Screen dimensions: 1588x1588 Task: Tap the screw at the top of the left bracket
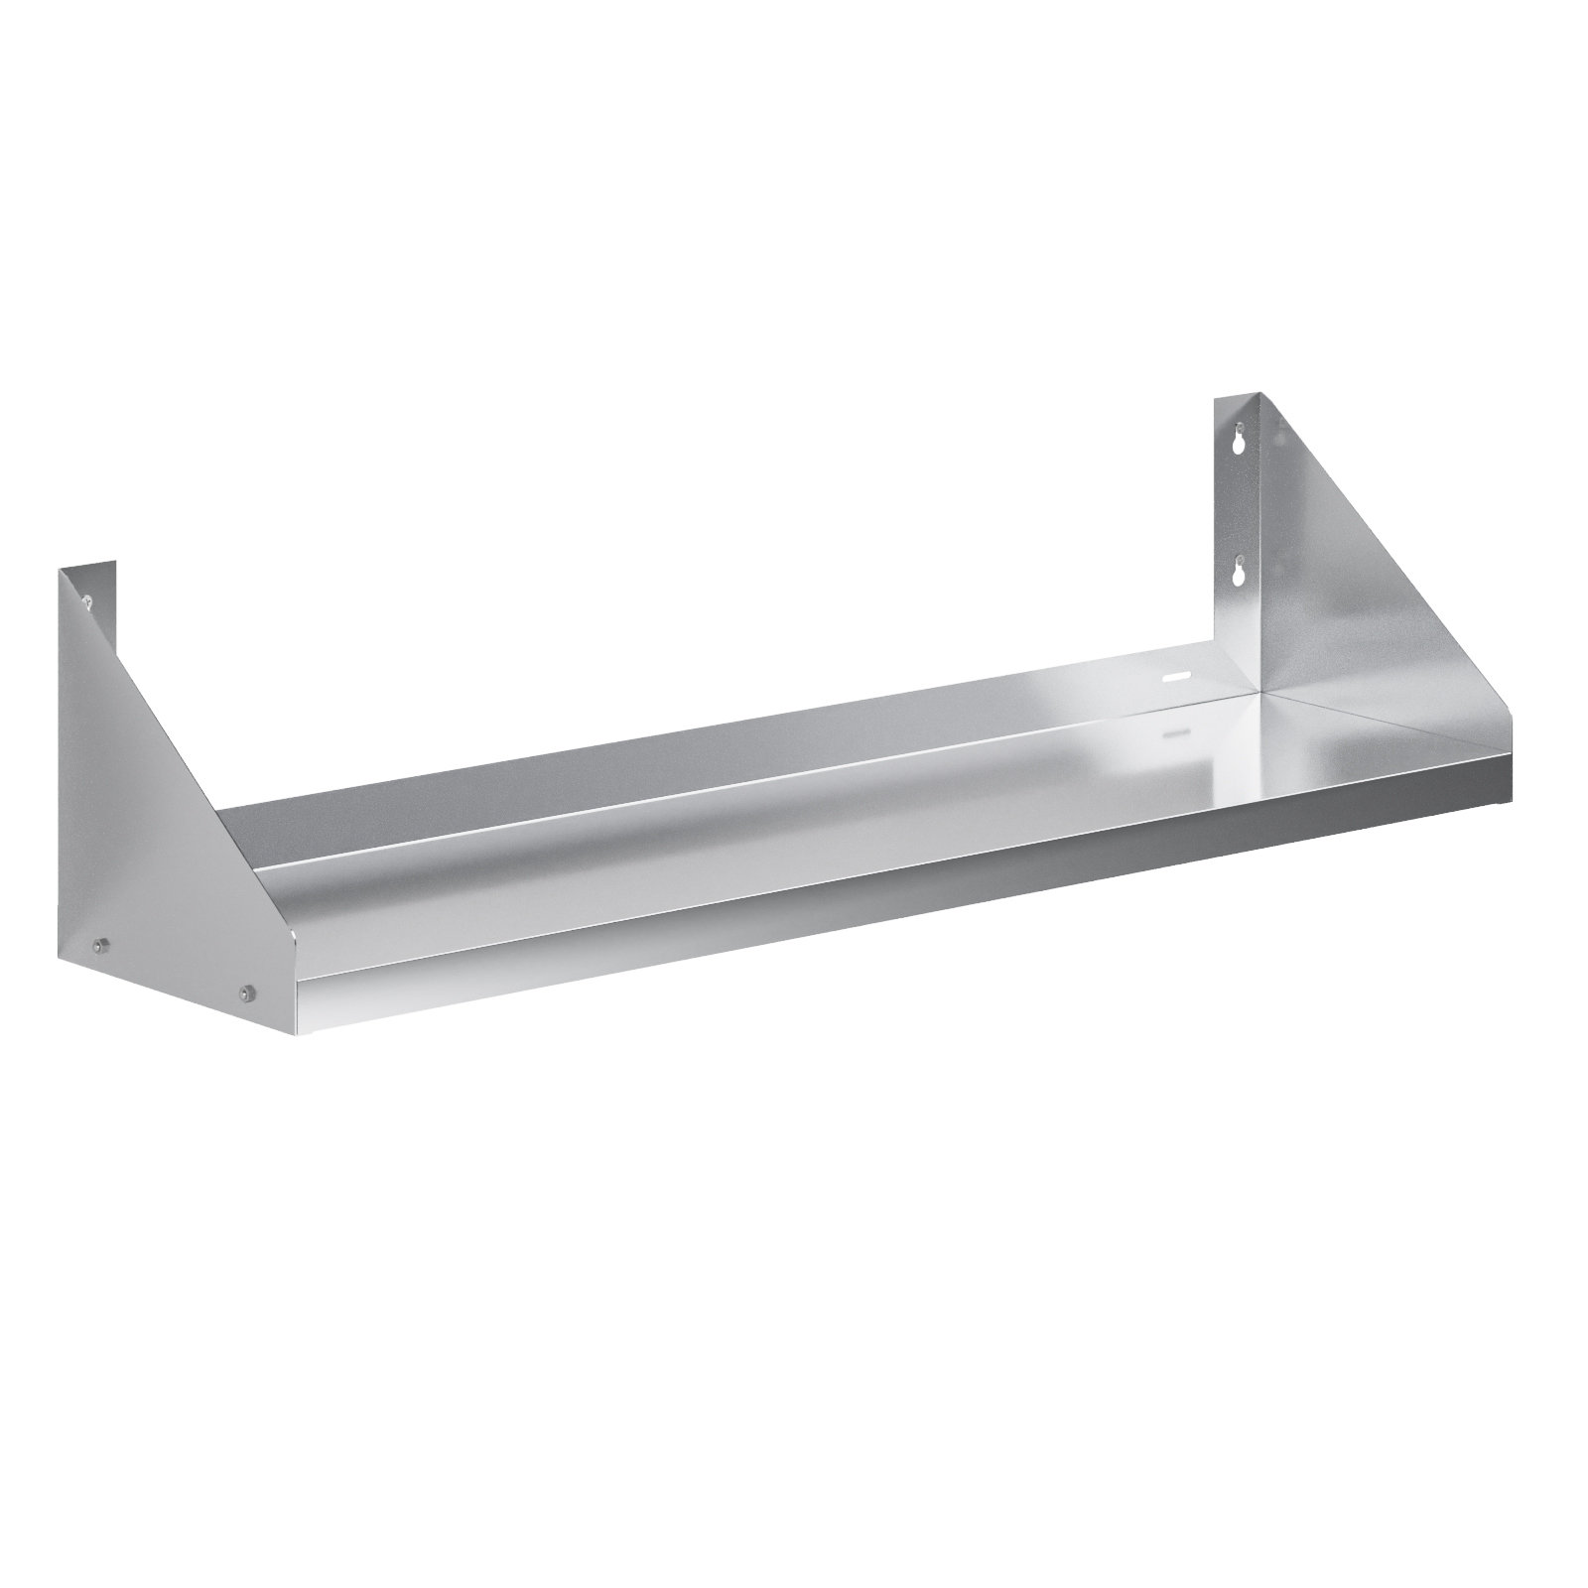(x=88, y=598)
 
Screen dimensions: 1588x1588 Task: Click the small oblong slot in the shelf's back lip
(x=1177, y=675)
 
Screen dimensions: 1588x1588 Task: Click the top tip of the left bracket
(x=62, y=569)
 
